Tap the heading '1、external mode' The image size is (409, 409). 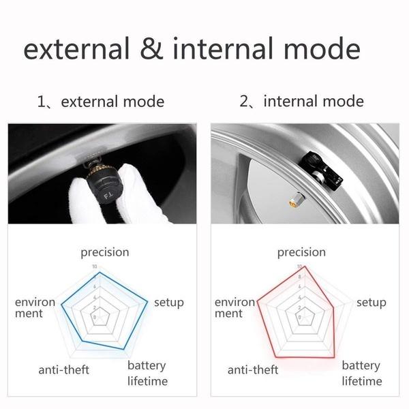100,102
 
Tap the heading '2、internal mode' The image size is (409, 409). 301,102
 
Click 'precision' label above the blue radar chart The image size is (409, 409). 104,252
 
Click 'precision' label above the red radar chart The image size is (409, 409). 301,252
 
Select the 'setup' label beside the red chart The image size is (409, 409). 371,302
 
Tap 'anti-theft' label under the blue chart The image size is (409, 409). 64,370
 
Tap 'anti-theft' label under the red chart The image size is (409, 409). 253,370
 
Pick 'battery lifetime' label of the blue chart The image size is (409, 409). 148,374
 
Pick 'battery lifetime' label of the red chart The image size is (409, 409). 361,374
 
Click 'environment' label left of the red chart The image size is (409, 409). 234,307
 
